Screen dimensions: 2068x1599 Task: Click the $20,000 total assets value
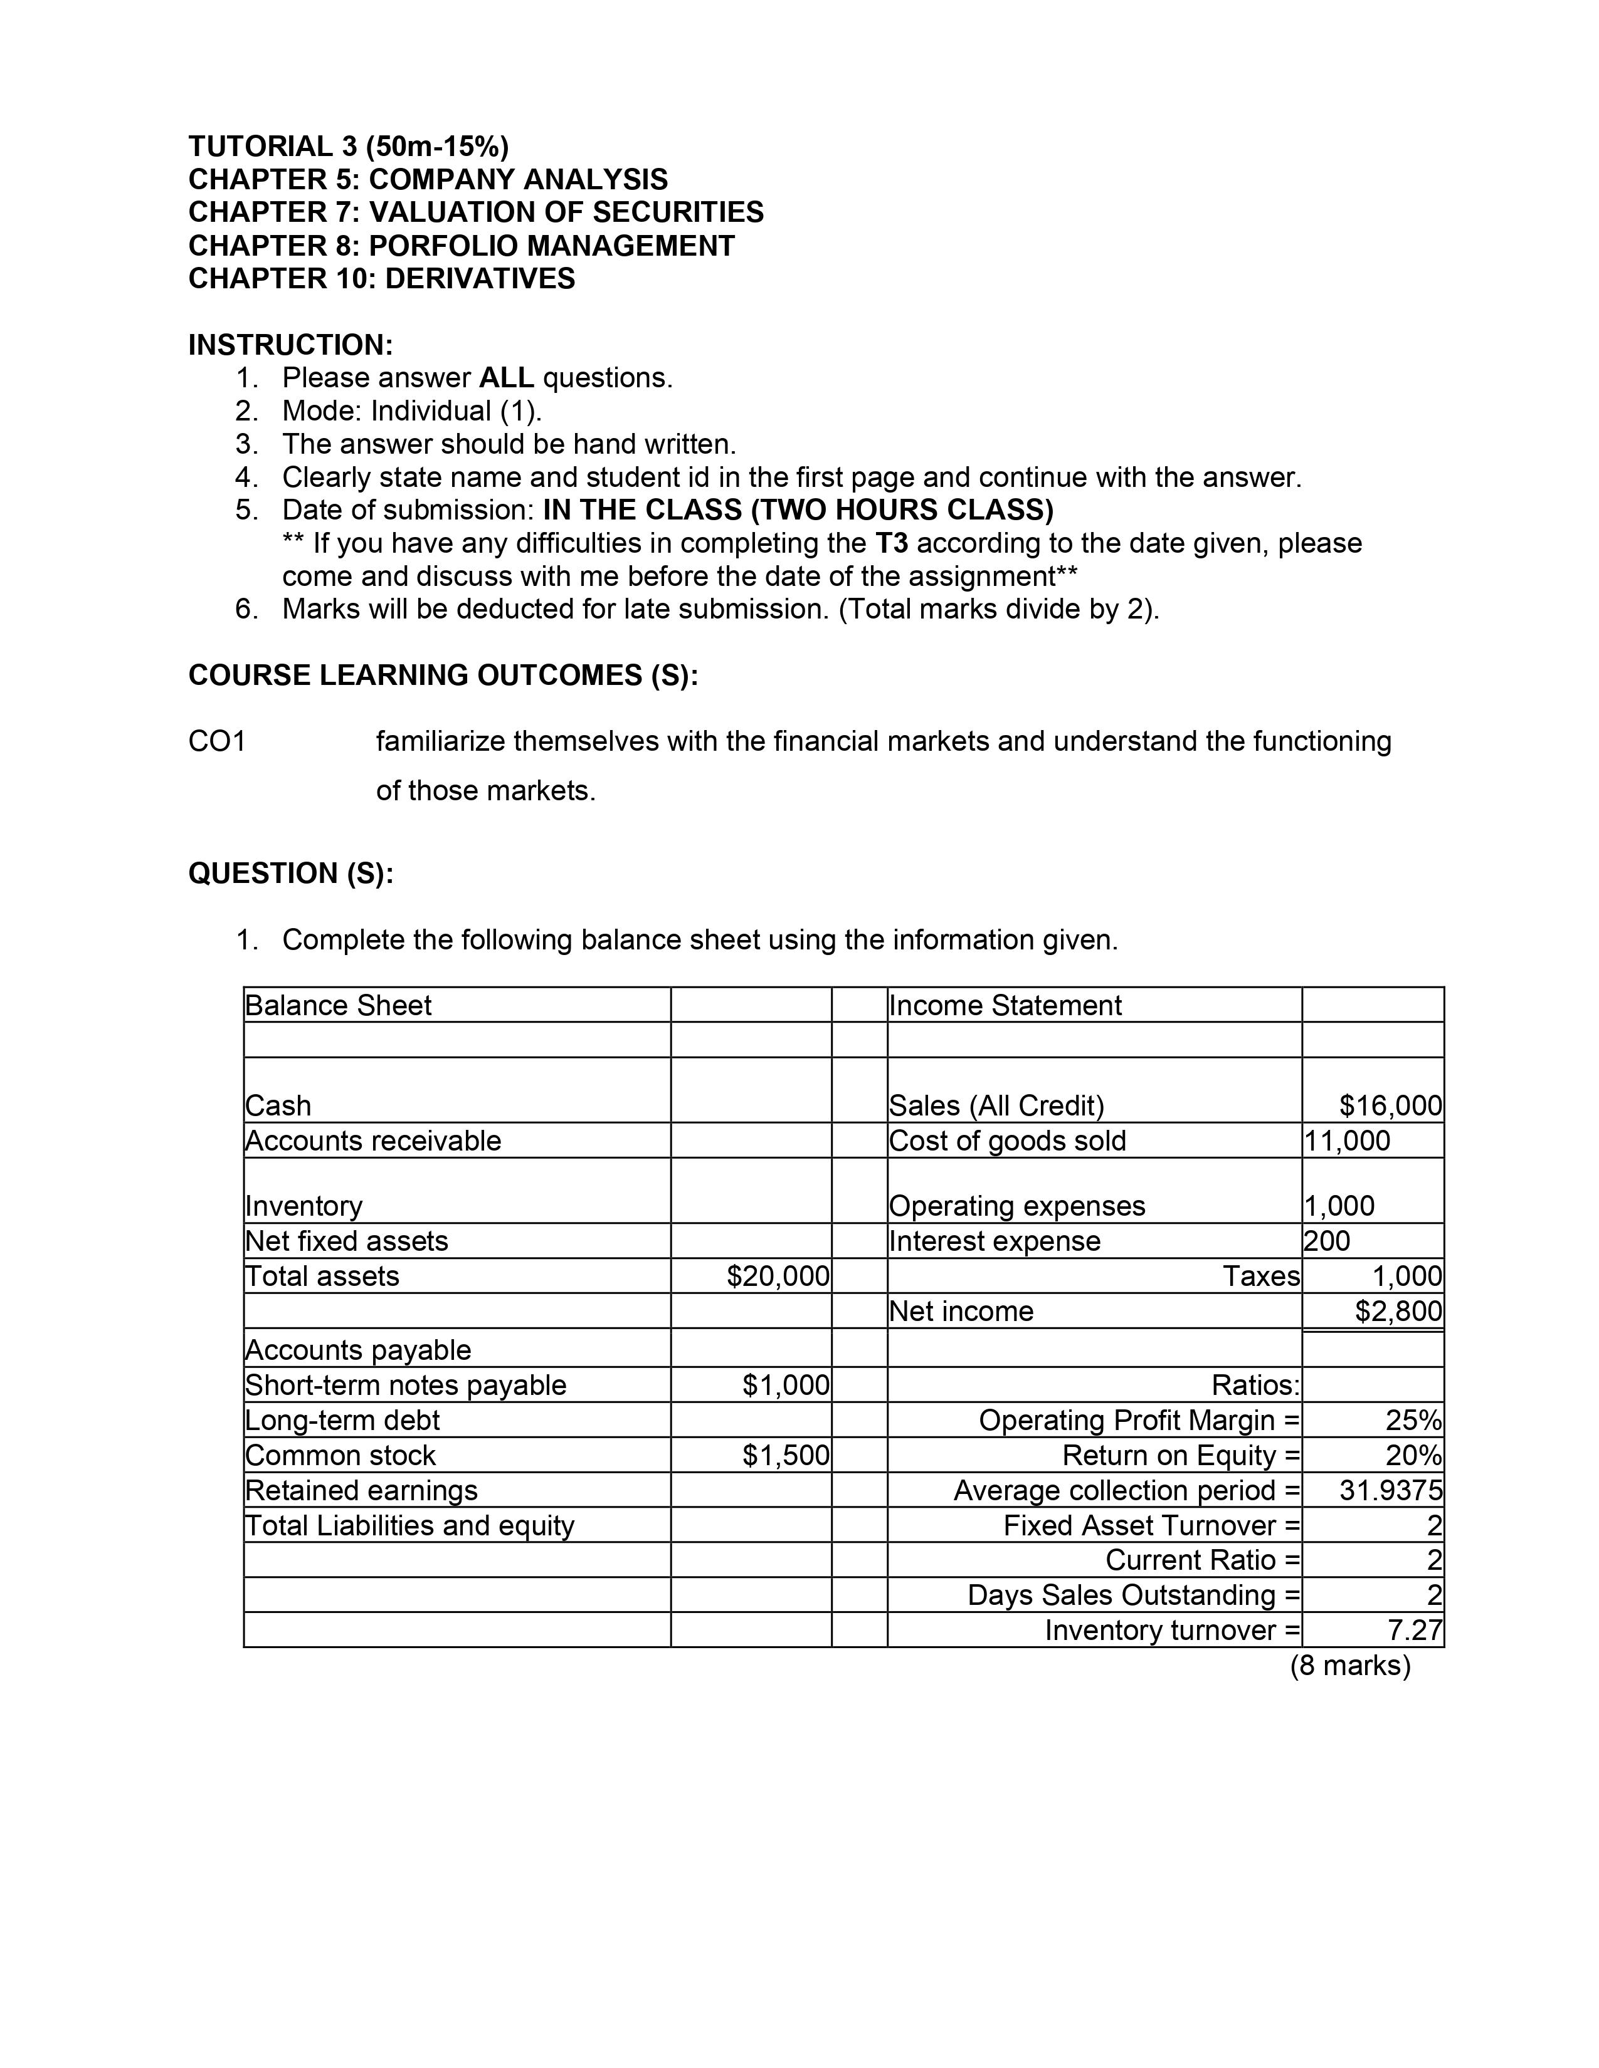click(x=778, y=1277)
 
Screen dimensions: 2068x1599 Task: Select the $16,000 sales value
click(x=1390, y=1106)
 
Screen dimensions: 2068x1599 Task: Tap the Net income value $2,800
click(x=1398, y=1312)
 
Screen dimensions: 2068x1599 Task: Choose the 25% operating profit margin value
click(x=1413, y=1420)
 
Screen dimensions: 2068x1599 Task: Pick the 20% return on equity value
click(x=1413, y=1455)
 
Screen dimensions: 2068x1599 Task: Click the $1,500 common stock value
click(x=785, y=1455)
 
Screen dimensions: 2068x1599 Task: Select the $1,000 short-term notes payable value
click(x=785, y=1386)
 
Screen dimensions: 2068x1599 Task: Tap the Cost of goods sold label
click(x=1007, y=1141)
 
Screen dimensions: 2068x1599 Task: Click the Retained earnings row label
click(x=361, y=1490)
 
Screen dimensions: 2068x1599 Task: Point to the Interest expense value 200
click(x=1326, y=1241)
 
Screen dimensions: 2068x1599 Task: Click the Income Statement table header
click(x=1004, y=1006)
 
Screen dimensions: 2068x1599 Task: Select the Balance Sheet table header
click(x=338, y=1006)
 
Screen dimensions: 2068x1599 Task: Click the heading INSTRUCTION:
click(x=290, y=345)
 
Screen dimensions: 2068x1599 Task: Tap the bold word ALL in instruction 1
click(x=506, y=378)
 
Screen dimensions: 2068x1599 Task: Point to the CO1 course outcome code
click(x=217, y=741)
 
